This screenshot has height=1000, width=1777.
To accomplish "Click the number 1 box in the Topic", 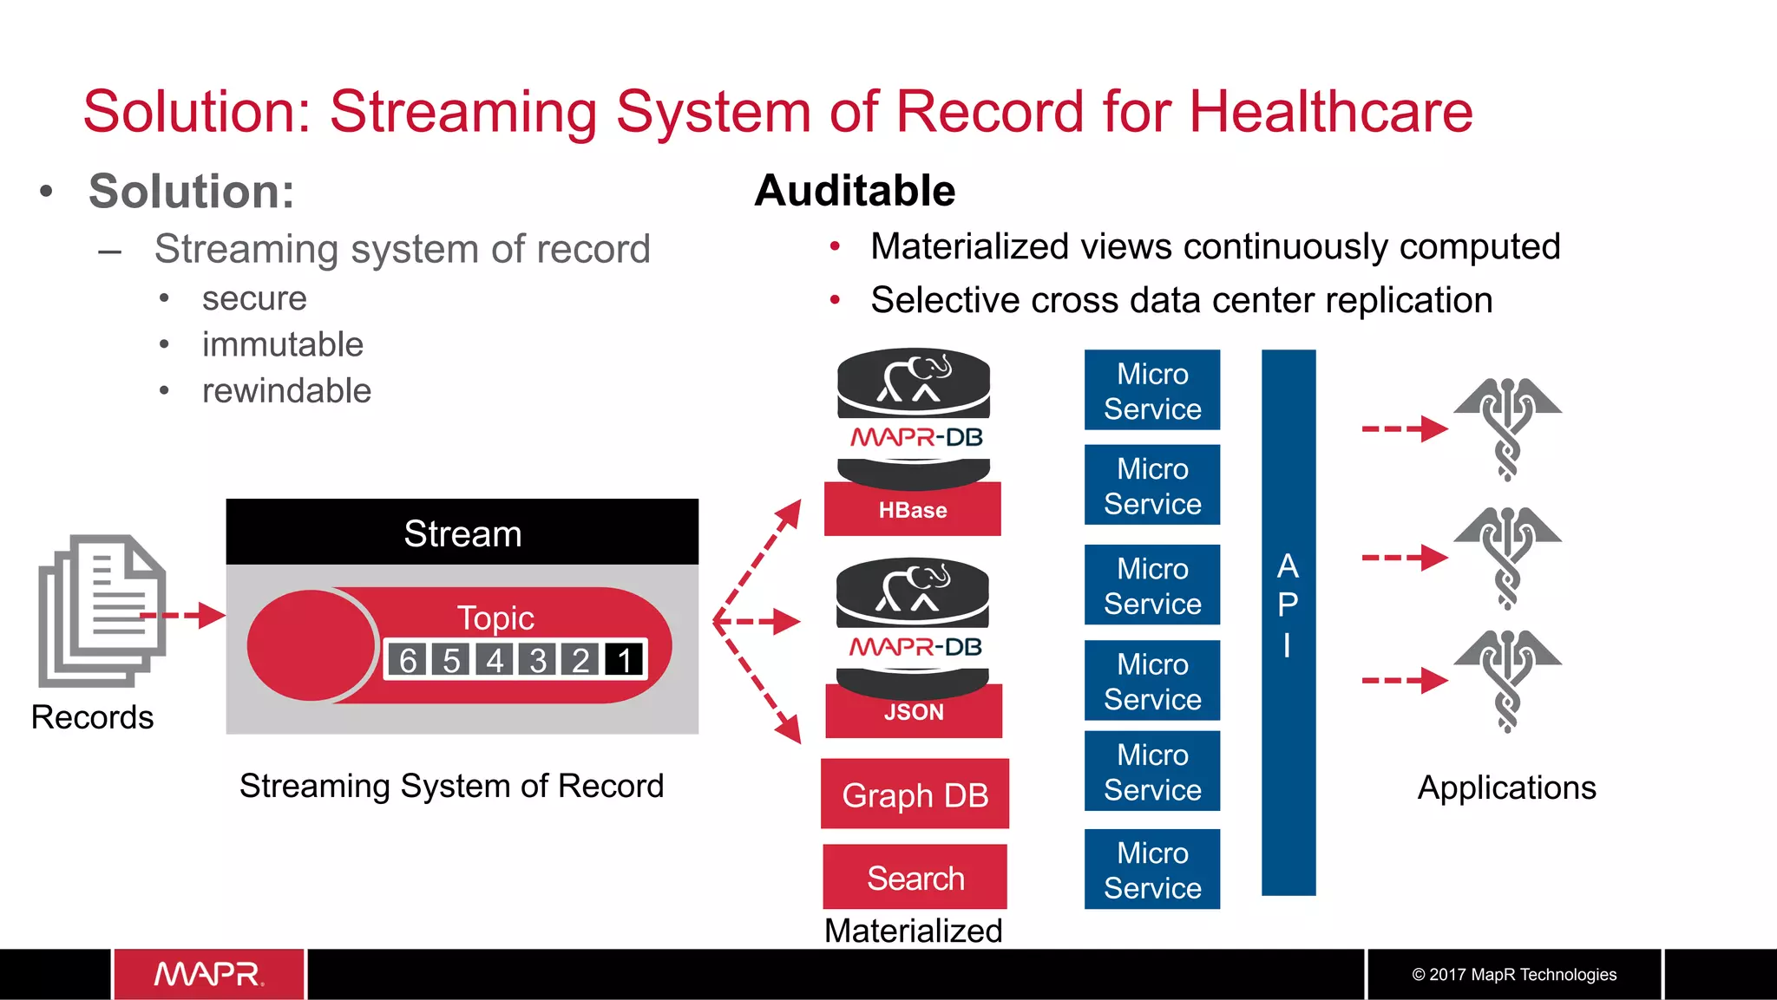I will click(x=625, y=660).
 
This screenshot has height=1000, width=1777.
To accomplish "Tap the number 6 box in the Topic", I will click(x=408, y=660).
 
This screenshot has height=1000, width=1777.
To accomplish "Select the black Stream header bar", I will click(x=462, y=533).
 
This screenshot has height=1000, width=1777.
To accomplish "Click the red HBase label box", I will click(x=912, y=510).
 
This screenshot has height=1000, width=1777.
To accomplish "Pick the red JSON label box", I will click(x=914, y=712).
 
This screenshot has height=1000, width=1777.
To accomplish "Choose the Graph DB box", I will click(x=915, y=794).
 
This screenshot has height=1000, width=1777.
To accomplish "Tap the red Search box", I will click(x=915, y=878).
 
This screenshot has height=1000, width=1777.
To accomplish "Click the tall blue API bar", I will click(x=1288, y=622).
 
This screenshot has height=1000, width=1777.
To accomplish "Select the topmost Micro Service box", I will click(x=1151, y=390).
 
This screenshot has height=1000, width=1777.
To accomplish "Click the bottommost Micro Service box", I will click(x=1151, y=870).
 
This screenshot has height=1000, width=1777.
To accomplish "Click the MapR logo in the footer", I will click(x=208, y=974).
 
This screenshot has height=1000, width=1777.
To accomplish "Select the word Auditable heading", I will click(x=855, y=191).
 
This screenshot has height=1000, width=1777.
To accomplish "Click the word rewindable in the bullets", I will click(x=286, y=390).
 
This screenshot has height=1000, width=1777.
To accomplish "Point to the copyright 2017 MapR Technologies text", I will click(x=1514, y=974).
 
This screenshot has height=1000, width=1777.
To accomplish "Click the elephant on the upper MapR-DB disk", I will click(x=913, y=379).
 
